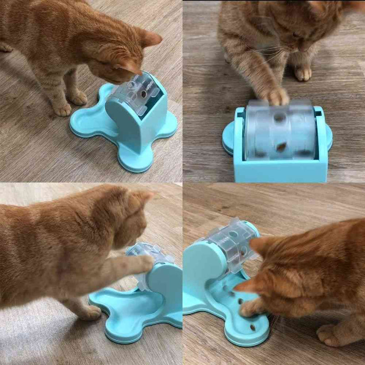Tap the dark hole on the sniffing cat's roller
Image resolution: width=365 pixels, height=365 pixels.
click(144, 94)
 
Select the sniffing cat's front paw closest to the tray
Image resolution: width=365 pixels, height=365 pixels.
click(77, 97)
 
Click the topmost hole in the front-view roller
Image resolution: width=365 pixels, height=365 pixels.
click(279, 118)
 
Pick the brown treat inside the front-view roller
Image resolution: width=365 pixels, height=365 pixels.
click(282, 147)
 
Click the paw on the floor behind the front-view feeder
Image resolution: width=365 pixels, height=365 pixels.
click(303, 73)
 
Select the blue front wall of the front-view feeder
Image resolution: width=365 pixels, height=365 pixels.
click(281, 171)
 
